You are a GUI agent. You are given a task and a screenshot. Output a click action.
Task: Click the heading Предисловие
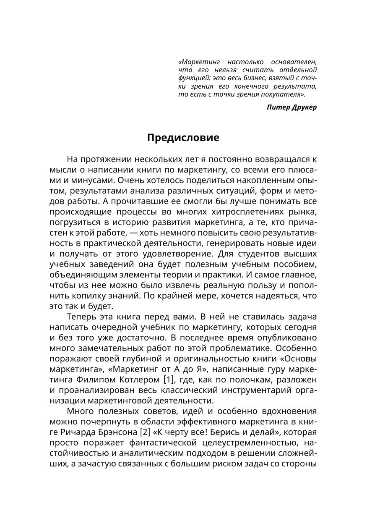(183, 138)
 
